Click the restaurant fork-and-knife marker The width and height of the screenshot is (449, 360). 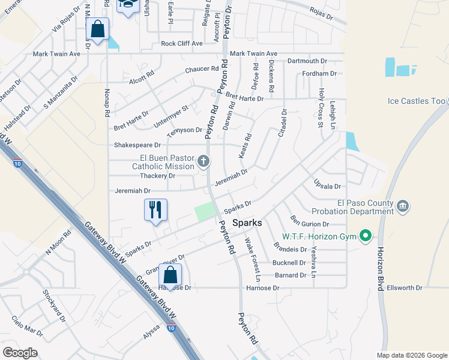click(x=155, y=210)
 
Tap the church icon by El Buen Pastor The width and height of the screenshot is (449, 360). click(x=204, y=161)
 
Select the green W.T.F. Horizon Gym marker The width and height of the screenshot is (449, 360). click(x=364, y=236)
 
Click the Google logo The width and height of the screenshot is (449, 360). click(x=20, y=352)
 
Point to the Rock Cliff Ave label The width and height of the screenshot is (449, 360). click(x=182, y=44)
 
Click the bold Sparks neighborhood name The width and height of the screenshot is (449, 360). click(x=247, y=223)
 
